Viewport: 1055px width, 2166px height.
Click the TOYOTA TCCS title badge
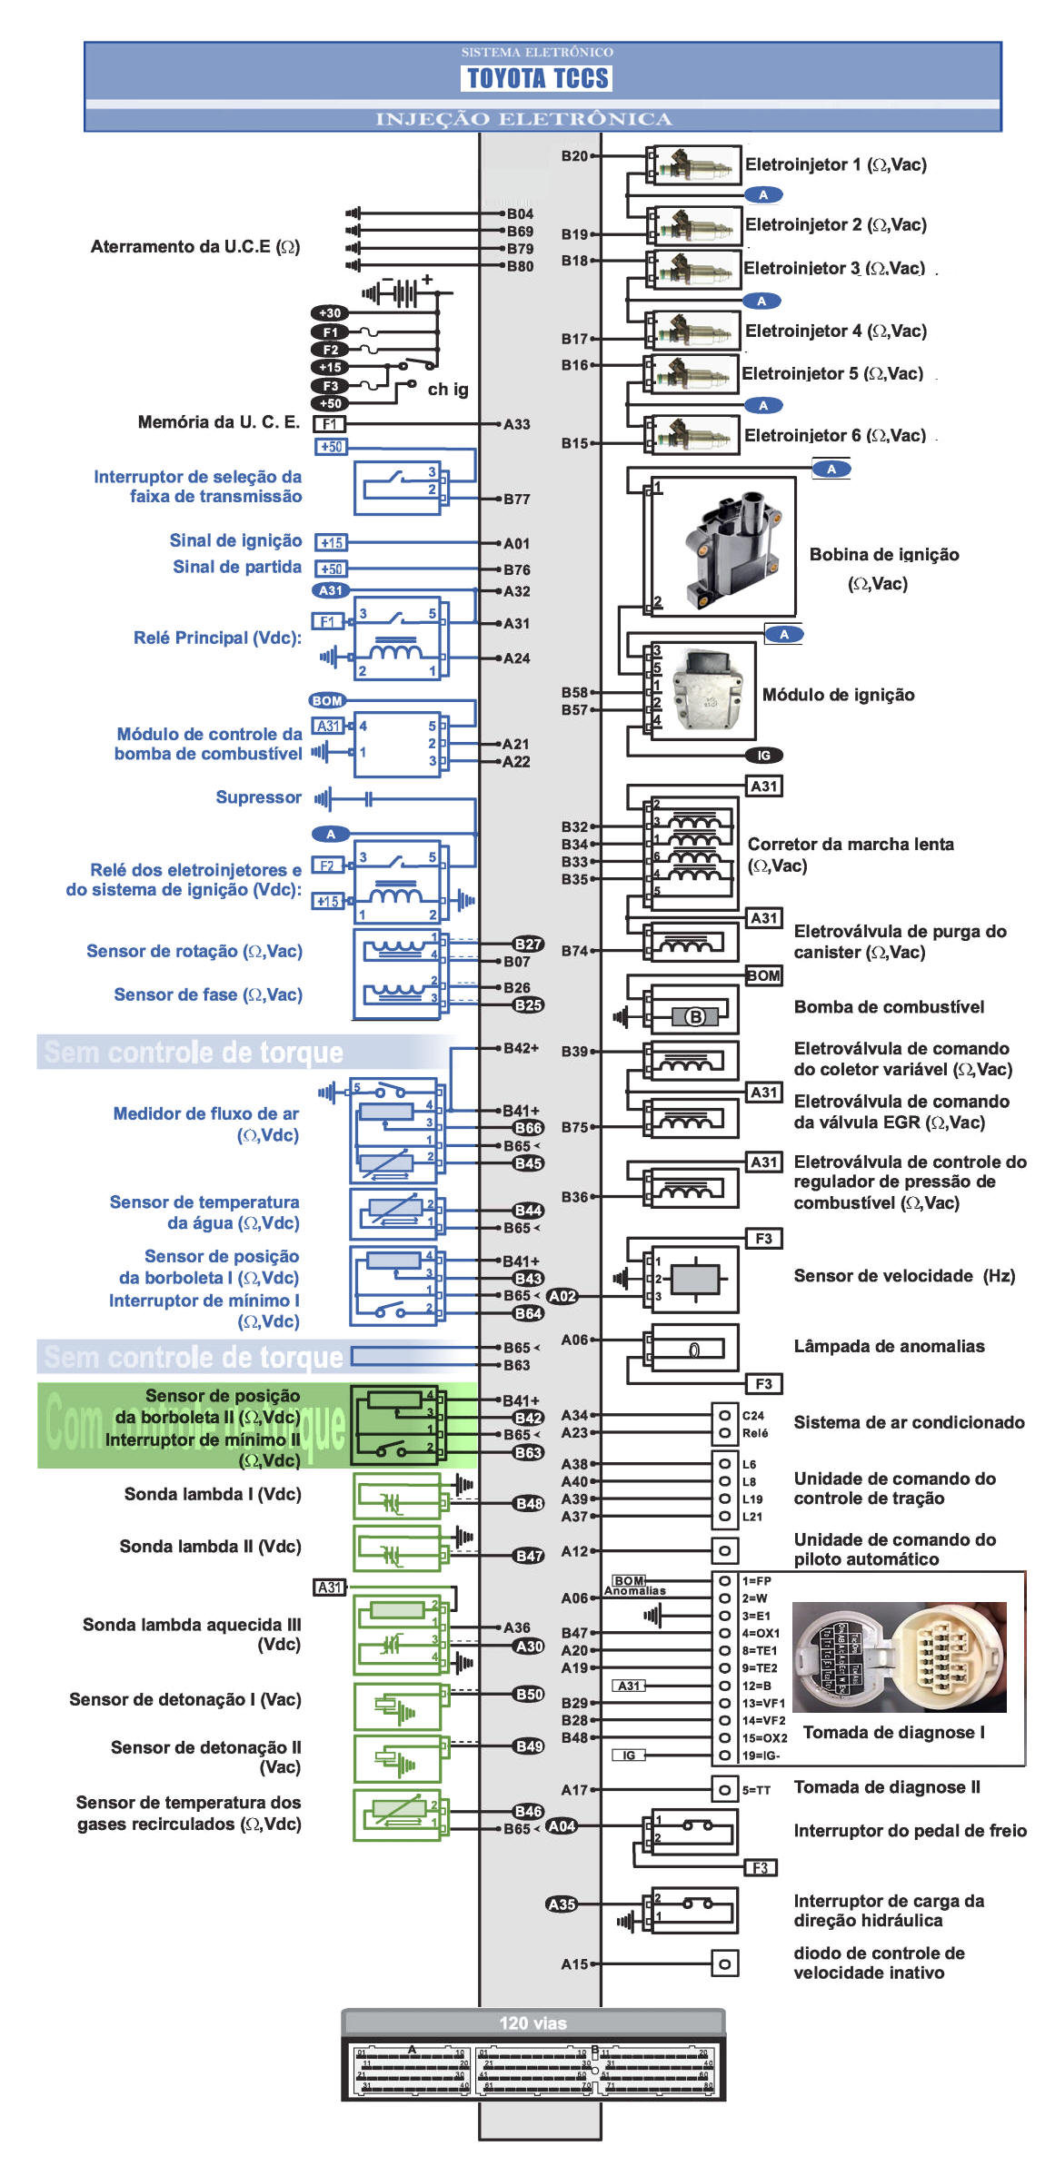[538, 78]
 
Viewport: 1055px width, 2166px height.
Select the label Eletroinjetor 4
[836, 331]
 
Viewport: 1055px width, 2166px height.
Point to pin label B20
[574, 156]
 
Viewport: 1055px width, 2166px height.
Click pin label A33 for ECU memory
[517, 424]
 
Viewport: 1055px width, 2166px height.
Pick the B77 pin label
[517, 499]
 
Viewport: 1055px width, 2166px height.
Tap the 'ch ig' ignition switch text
[448, 390]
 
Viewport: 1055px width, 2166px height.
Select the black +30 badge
[330, 313]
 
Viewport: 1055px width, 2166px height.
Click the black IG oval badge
[763, 755]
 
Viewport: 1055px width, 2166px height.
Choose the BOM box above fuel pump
[763, 975]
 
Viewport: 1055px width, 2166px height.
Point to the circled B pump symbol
[695, 1016]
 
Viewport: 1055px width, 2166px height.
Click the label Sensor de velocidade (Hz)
[904, 1275]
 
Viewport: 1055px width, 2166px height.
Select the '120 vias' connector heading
[532, 2023]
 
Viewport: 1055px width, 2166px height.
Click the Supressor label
[258, 797]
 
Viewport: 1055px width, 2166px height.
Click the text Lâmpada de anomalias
[889, 1346]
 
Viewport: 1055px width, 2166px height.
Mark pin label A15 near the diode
[574, 1963]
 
